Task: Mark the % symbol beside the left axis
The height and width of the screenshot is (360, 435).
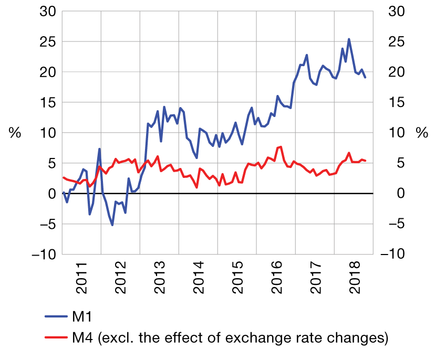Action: (15, 133)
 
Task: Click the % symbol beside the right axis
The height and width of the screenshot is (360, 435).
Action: (422, 133)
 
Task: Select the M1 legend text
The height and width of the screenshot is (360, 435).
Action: (83, 316)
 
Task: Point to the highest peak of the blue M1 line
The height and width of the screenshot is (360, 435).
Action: (349, 39)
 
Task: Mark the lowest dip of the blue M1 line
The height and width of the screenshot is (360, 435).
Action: (112, 225)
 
